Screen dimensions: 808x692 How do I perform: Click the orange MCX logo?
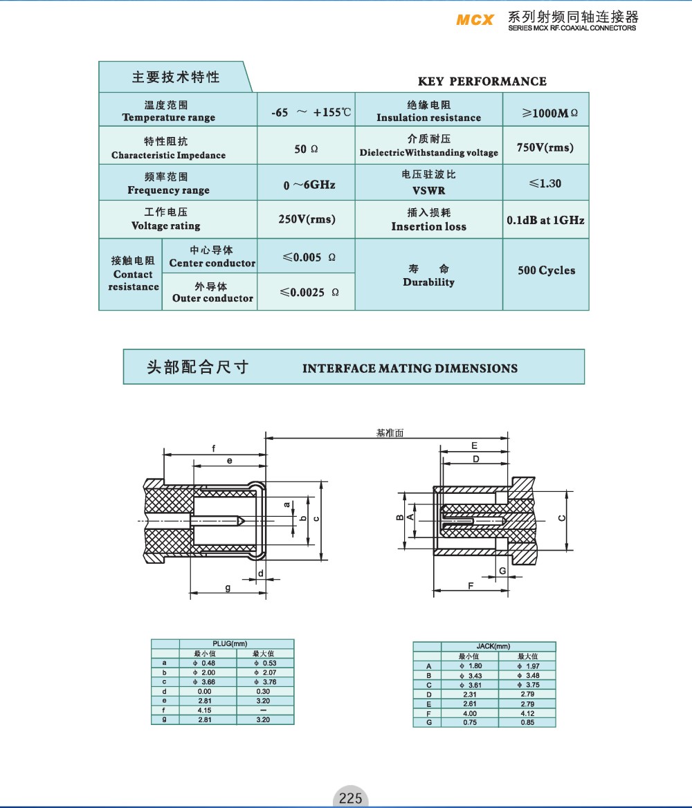[475, 19]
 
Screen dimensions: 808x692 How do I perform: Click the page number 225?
[350, 798]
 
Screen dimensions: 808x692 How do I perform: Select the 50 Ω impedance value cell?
[306, 149]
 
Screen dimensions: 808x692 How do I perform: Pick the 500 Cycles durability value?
[546, 270]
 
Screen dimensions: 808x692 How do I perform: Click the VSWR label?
[428, 190]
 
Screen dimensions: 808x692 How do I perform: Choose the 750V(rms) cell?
[545, 147]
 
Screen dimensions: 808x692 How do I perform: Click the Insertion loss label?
[428, 226]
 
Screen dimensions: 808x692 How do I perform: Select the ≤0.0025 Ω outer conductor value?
[309, 293]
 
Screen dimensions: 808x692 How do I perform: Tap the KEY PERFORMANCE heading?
[482, 82]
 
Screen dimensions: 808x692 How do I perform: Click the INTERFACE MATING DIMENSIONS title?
[410, 369]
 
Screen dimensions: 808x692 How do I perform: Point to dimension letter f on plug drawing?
[213, 448]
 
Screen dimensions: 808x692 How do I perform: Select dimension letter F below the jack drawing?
[471, 585]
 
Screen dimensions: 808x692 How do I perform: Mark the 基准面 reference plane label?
[390, 433]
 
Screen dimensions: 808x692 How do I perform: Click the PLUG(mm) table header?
[230, 644]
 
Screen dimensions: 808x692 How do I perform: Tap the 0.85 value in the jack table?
[527, 723]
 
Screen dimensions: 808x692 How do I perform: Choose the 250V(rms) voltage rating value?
[307, 219]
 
